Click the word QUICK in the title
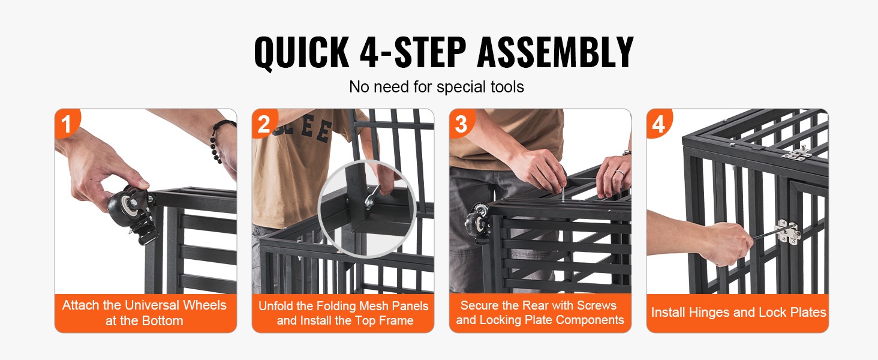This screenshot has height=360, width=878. point(302,53)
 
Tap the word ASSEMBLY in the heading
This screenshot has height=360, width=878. point(555,52)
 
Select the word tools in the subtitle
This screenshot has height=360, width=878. point(504,86)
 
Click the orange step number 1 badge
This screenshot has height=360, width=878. point(67,123)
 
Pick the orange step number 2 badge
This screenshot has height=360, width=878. point(264,123)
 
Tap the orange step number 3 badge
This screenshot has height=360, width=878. point(461,123)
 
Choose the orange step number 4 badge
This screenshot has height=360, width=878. point(659,123)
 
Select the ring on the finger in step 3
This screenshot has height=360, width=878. point(620,172)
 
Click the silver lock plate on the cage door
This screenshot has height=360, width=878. point(787,232)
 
